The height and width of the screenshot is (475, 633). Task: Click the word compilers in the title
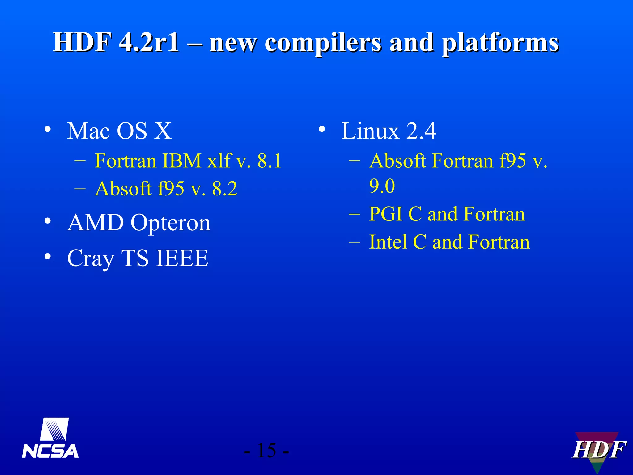tap(323, 43)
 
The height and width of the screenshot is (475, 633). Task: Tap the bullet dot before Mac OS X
tap(47, 129)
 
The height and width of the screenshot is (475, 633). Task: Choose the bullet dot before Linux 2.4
tap(322, 129)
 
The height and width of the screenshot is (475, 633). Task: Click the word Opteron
tap(171, 223)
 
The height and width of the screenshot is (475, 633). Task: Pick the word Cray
tap(91, 259)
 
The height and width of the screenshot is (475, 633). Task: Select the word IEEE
tap(182, 258)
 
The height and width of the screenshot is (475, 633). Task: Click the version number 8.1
tap(269, 161)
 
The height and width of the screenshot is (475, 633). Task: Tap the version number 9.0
tap(382, 186)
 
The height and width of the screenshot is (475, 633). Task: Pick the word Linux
tap(370, 131)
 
